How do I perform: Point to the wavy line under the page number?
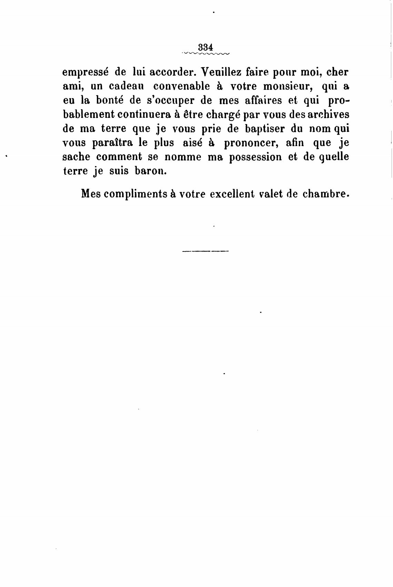(x=206, y=53)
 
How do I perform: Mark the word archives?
(x=327, y=114)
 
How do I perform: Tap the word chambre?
(x=324, y=194)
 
